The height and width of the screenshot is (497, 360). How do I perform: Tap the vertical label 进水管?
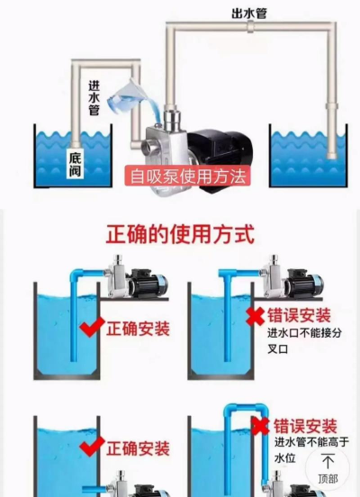[93, 97]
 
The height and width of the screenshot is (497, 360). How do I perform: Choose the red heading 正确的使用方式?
[180, 235]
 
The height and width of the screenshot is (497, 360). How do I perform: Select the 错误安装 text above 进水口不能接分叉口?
[301, 316]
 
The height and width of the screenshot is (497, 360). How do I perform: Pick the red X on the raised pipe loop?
[262, 426]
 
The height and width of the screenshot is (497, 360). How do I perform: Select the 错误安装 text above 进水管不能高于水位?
[306, 426]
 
